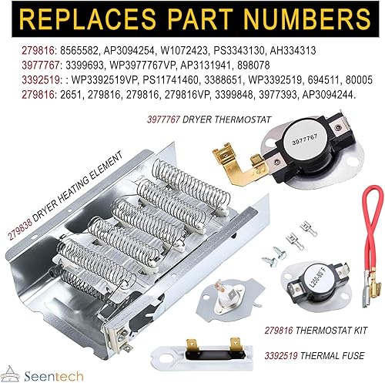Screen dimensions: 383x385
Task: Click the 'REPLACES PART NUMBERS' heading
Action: coord(192,18)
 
